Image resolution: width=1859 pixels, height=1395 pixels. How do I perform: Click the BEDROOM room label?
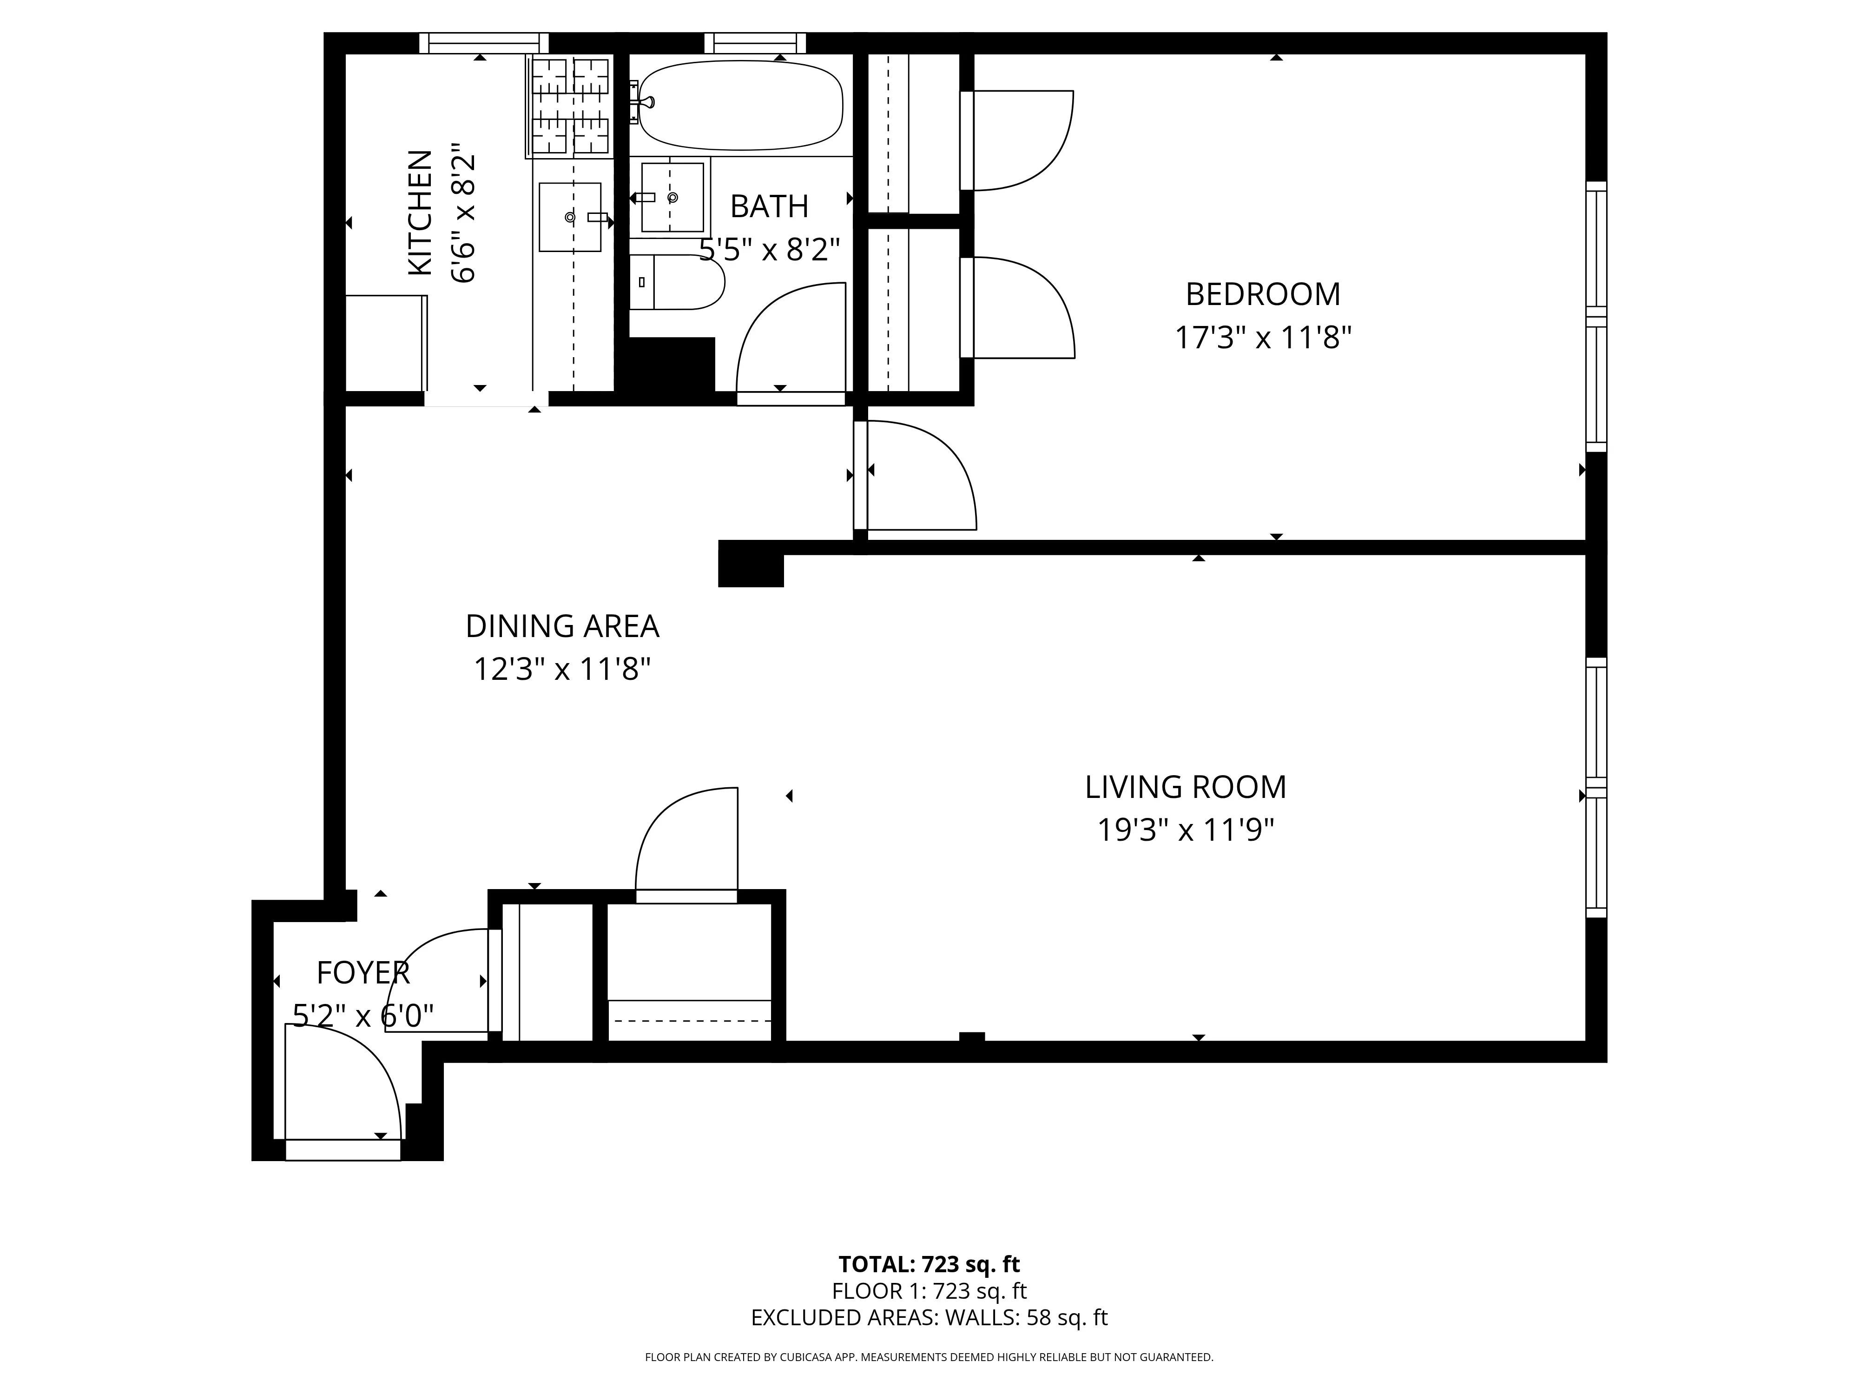click(x=1262, y=294)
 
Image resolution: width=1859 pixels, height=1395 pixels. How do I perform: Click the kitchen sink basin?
click(x=570, y=217)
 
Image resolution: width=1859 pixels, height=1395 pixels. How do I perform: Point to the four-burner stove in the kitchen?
click(x=570, y=106)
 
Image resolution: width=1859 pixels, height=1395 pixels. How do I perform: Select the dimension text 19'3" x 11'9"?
click(x=1185, y=831)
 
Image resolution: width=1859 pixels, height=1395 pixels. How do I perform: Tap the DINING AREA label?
click(x=561, y=626)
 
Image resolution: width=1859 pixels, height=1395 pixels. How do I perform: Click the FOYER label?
click(x=363, y=973)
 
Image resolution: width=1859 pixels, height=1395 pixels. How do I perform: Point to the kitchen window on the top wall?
click(x=483, y=43)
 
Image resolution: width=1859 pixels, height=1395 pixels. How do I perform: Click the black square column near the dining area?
click(x=751, y=564)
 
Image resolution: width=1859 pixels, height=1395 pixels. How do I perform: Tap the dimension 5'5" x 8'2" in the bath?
click(x=770, y=250)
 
